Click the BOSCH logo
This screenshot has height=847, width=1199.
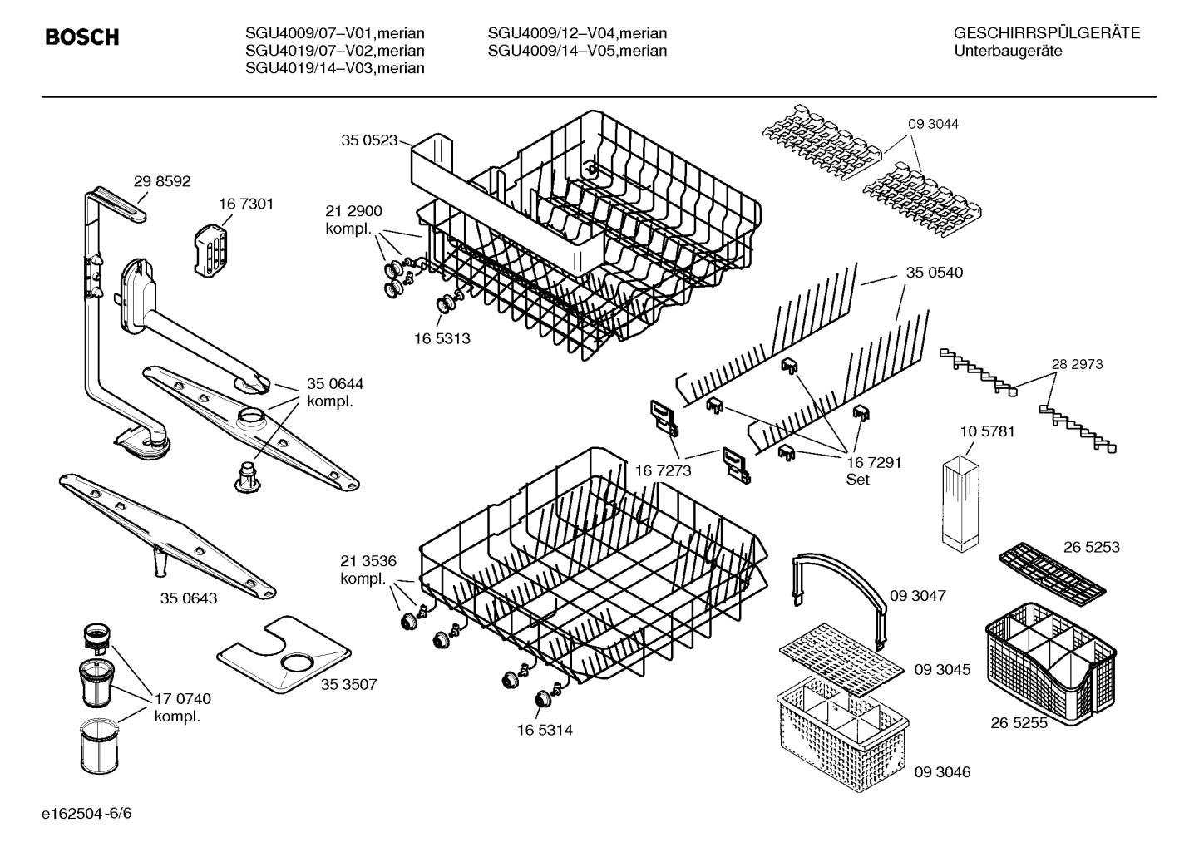[81, 37]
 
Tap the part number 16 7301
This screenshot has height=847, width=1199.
[246, 204]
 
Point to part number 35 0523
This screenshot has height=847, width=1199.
[369, 140]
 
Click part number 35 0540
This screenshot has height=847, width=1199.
[934, 273]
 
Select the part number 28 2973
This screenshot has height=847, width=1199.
[1077, 364]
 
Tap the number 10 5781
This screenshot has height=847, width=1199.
[987, 431]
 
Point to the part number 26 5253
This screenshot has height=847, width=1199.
[1091, 547]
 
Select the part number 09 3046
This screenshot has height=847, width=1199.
[942, 772]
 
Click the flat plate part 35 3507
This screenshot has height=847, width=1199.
[282, 654]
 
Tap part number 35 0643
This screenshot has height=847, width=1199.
[189, 598]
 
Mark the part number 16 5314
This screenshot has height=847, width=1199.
[544, 730]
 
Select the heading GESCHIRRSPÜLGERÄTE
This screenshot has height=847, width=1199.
[1046, 33]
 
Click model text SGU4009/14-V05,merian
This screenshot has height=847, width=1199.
[577, 51]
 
